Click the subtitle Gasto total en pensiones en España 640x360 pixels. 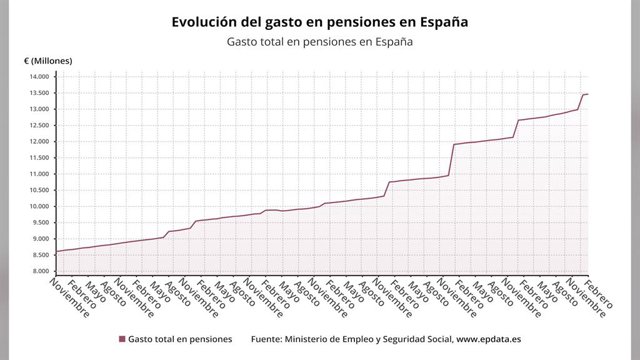pos(320,42)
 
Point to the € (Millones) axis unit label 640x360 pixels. pos(48,61)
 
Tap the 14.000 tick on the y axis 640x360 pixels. pos(39,77)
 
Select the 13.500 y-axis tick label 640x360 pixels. pos(39,93)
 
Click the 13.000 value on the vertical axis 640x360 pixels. pos(39,109)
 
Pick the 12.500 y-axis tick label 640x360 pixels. pos(39,125)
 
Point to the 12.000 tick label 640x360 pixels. pos(39,142)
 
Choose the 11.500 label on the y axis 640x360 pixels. pos(39,158)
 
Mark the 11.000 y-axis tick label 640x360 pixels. pos(39,174)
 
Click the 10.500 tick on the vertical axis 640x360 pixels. pos(39,190)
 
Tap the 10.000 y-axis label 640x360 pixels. pos(39,206)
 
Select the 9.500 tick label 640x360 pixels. pos(41,222)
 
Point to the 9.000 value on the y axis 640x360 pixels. pos(41,239)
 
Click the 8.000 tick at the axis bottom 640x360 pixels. pos(41,271)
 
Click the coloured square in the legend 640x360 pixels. pos(122,339)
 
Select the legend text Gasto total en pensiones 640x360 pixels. pos(180,339)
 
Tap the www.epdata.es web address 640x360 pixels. pos(489,339)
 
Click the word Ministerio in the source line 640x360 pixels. pos(305,339)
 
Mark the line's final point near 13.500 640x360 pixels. pos(588,94)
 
